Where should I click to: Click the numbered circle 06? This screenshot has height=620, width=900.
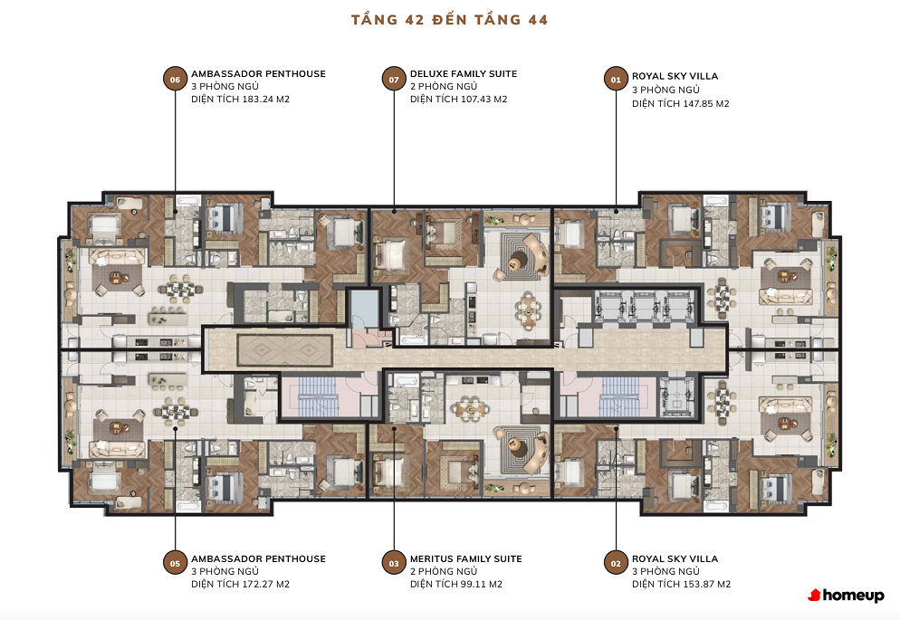point(175,79)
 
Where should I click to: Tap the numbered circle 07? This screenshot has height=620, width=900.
point(394,79)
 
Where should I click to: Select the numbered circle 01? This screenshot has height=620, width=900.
point(616,79)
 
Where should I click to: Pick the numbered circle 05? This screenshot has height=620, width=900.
point(175,563)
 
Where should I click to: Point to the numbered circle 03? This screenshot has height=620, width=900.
point(394,563)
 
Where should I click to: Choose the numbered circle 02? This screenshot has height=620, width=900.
point(616,563)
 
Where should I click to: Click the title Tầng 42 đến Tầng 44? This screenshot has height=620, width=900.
point(449,20)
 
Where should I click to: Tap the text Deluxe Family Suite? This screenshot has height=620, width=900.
point(464,73)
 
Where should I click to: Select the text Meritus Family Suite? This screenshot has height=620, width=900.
point(466,558)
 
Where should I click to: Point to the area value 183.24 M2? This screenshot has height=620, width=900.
point(266,100)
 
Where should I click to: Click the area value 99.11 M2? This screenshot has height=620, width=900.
point(481,584)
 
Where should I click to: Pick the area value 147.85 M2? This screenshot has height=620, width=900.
point(705,104)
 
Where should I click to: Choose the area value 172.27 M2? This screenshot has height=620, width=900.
point(266,584)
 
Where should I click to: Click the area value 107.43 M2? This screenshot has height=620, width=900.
point(484,100)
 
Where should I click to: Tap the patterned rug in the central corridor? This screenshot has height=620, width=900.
point(284,351)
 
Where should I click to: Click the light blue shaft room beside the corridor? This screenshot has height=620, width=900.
point(365,309)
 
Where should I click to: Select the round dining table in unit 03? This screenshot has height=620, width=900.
point(470,409)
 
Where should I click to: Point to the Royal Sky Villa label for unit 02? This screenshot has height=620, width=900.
point(675,558)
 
